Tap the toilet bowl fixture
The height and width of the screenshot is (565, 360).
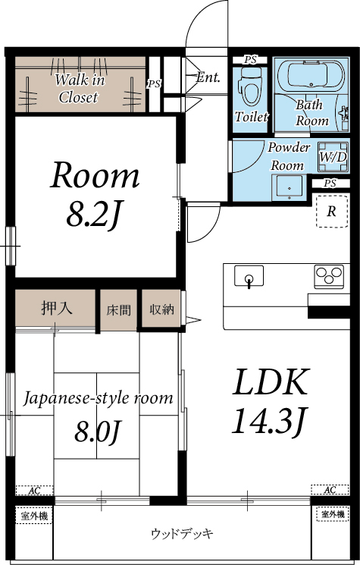tap(249, 87)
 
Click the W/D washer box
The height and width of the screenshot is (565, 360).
tap(332, 157)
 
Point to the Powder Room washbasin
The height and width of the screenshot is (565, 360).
tap(286, 185)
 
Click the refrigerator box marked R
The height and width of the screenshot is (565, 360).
tap(330, 212)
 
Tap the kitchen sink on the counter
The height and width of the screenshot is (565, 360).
tap(249, 277)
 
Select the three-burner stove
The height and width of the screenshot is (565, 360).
tap(329, 275)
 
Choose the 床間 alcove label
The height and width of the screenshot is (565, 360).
tap(118, 309)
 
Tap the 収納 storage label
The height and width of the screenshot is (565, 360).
tap(161, 309)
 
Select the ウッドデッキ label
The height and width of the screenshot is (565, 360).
tap(182, 533)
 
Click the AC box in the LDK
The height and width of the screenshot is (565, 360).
tap(330, 490)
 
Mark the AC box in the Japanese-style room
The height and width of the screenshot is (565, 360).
tap(34, 491)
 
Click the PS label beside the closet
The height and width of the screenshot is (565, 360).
tap(154, 83)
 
